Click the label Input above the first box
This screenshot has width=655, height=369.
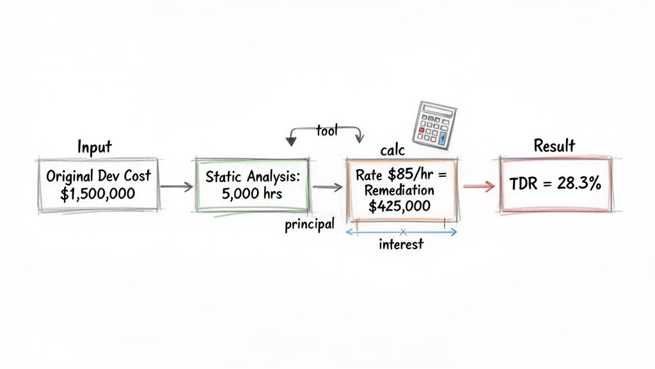click(95, 147)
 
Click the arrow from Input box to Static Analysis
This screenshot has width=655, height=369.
click(175, 186)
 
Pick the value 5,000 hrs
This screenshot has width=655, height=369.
click(251, 195)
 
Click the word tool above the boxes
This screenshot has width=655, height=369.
click(326, 130)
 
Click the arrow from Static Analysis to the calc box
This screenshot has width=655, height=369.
click(327, 187)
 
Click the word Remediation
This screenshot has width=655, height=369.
click(401, 190)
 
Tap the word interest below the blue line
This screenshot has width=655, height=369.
click(401, 245)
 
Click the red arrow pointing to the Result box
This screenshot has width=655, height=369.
click(479, 186)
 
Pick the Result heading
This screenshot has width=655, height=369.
click(554, 146)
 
